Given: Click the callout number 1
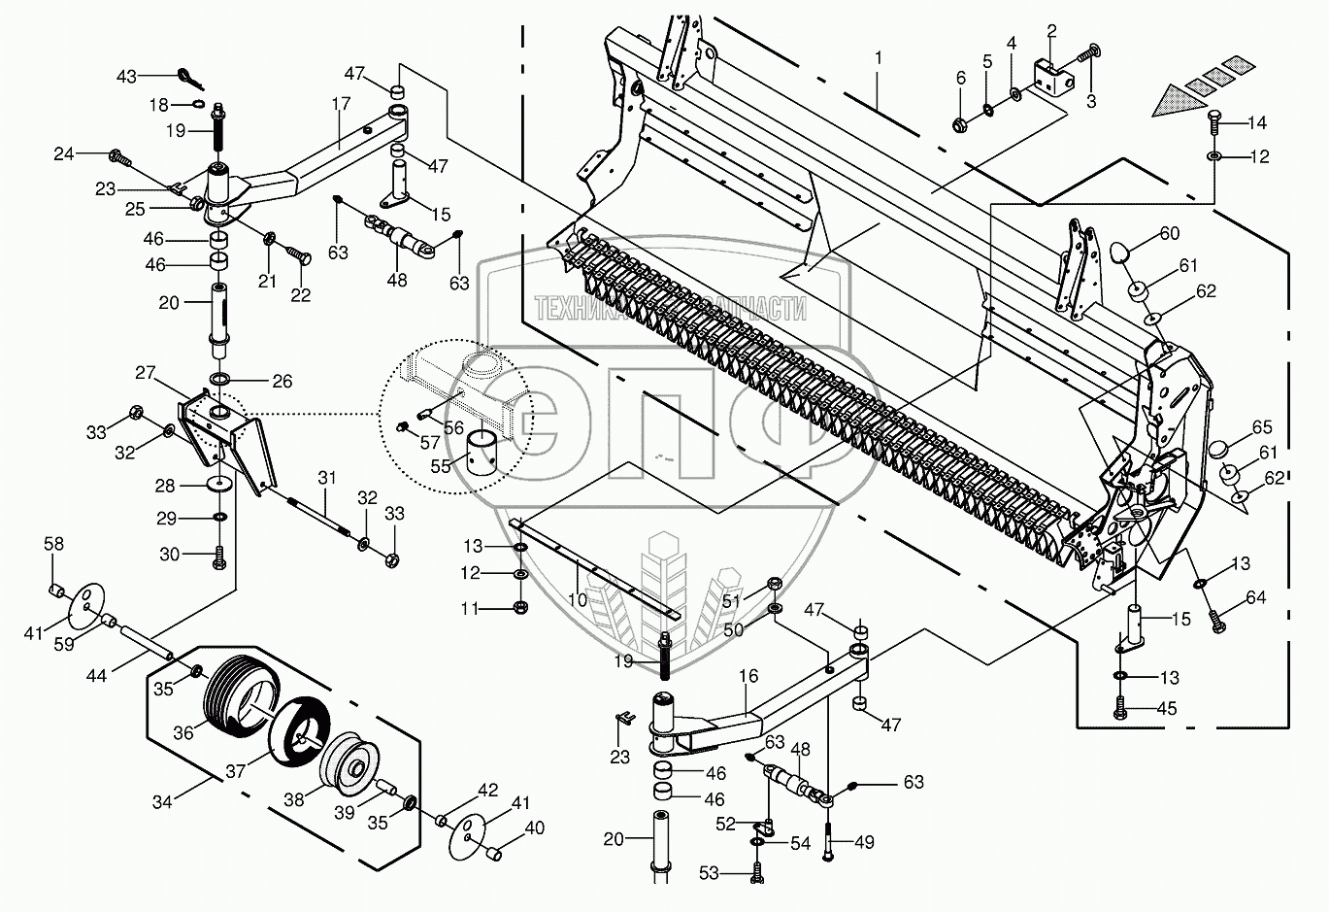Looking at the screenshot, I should coord(878,58).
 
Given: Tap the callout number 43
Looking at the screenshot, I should coord(127,76).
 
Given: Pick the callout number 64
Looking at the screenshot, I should coord(1256,597).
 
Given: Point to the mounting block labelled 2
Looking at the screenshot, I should coord(1052,76).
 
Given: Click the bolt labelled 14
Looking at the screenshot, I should coord(1213,122).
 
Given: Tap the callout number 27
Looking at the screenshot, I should coord(146,372).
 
